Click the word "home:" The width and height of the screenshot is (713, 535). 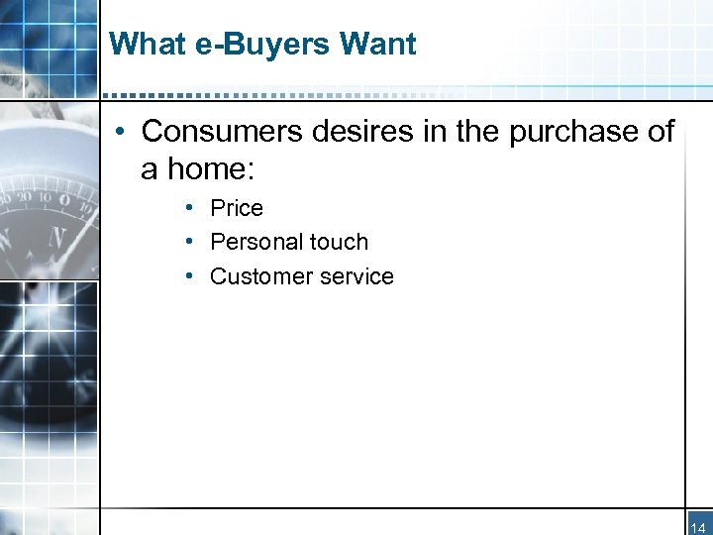click(x=212, y=168)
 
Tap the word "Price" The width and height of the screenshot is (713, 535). click(x=237, y=208)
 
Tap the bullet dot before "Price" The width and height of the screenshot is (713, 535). click(x=187, y=208)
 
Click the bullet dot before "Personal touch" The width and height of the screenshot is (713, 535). click(x=187, y=242)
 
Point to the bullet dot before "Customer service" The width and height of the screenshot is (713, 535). click(x=187, y=276)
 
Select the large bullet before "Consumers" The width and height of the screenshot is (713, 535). click(x=118, y=132)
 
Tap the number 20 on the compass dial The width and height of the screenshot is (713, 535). click(x=39, y=199)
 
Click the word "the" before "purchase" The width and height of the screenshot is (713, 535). click(x=479, y=131)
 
